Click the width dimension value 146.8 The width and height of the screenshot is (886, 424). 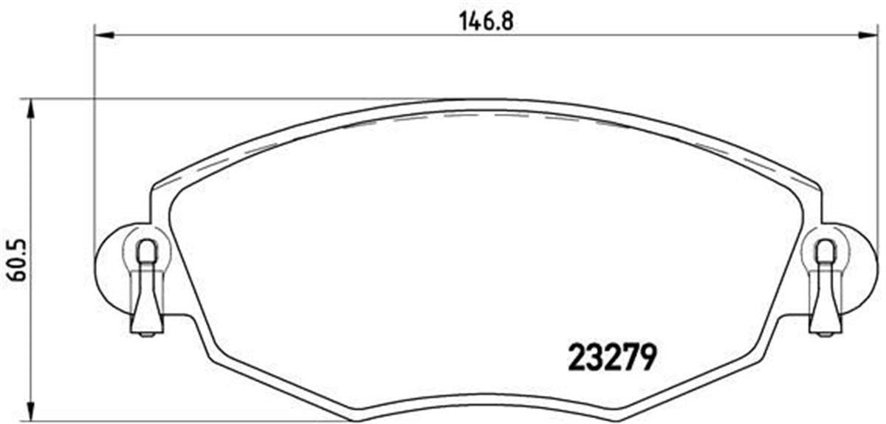[x=485, y=20]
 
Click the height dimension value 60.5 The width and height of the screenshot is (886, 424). [x=16, y=259]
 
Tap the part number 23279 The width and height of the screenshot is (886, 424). [x=612, y=358]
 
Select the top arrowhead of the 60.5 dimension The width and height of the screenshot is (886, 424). [x=30, y=107]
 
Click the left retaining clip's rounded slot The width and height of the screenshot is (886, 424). [x=147, y=252]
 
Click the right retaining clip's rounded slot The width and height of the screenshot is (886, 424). [x=825, y=252]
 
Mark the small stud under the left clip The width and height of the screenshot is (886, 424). [x=147, y=334]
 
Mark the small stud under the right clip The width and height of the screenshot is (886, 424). [x=825, y=334]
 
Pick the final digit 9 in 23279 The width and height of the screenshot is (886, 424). [x=648, y=358]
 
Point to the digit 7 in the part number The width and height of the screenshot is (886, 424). [x=630, y=358]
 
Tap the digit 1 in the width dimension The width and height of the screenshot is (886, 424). [x=462, y=20]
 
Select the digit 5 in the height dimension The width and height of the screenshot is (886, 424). [x=16, y=245]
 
